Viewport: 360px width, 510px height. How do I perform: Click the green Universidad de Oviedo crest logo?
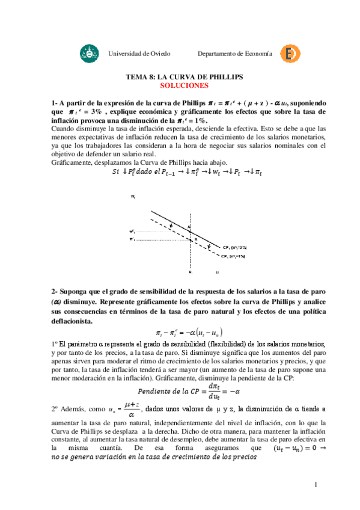[x=87, y=54]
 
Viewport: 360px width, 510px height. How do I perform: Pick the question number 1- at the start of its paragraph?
[x=55, y=103]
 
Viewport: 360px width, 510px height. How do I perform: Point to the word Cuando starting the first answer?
[x=63, y=129]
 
